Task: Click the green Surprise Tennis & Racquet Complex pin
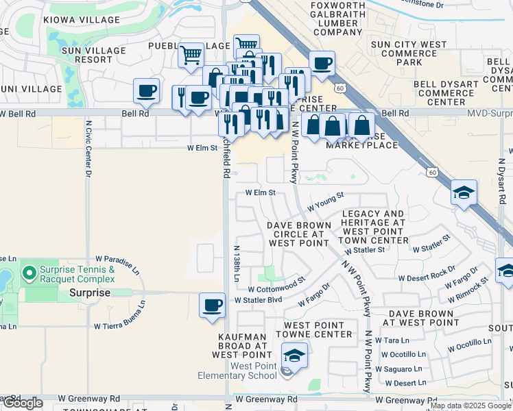pos(29,274)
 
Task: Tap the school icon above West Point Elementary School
pos(294,356)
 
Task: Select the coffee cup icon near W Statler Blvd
pos(212,305)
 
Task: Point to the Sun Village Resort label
pos(94,55)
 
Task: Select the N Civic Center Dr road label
pos(88,150)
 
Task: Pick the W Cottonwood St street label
pos(276,285)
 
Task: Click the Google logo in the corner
pos(22,403)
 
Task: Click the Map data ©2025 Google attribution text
pos(470,406)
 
